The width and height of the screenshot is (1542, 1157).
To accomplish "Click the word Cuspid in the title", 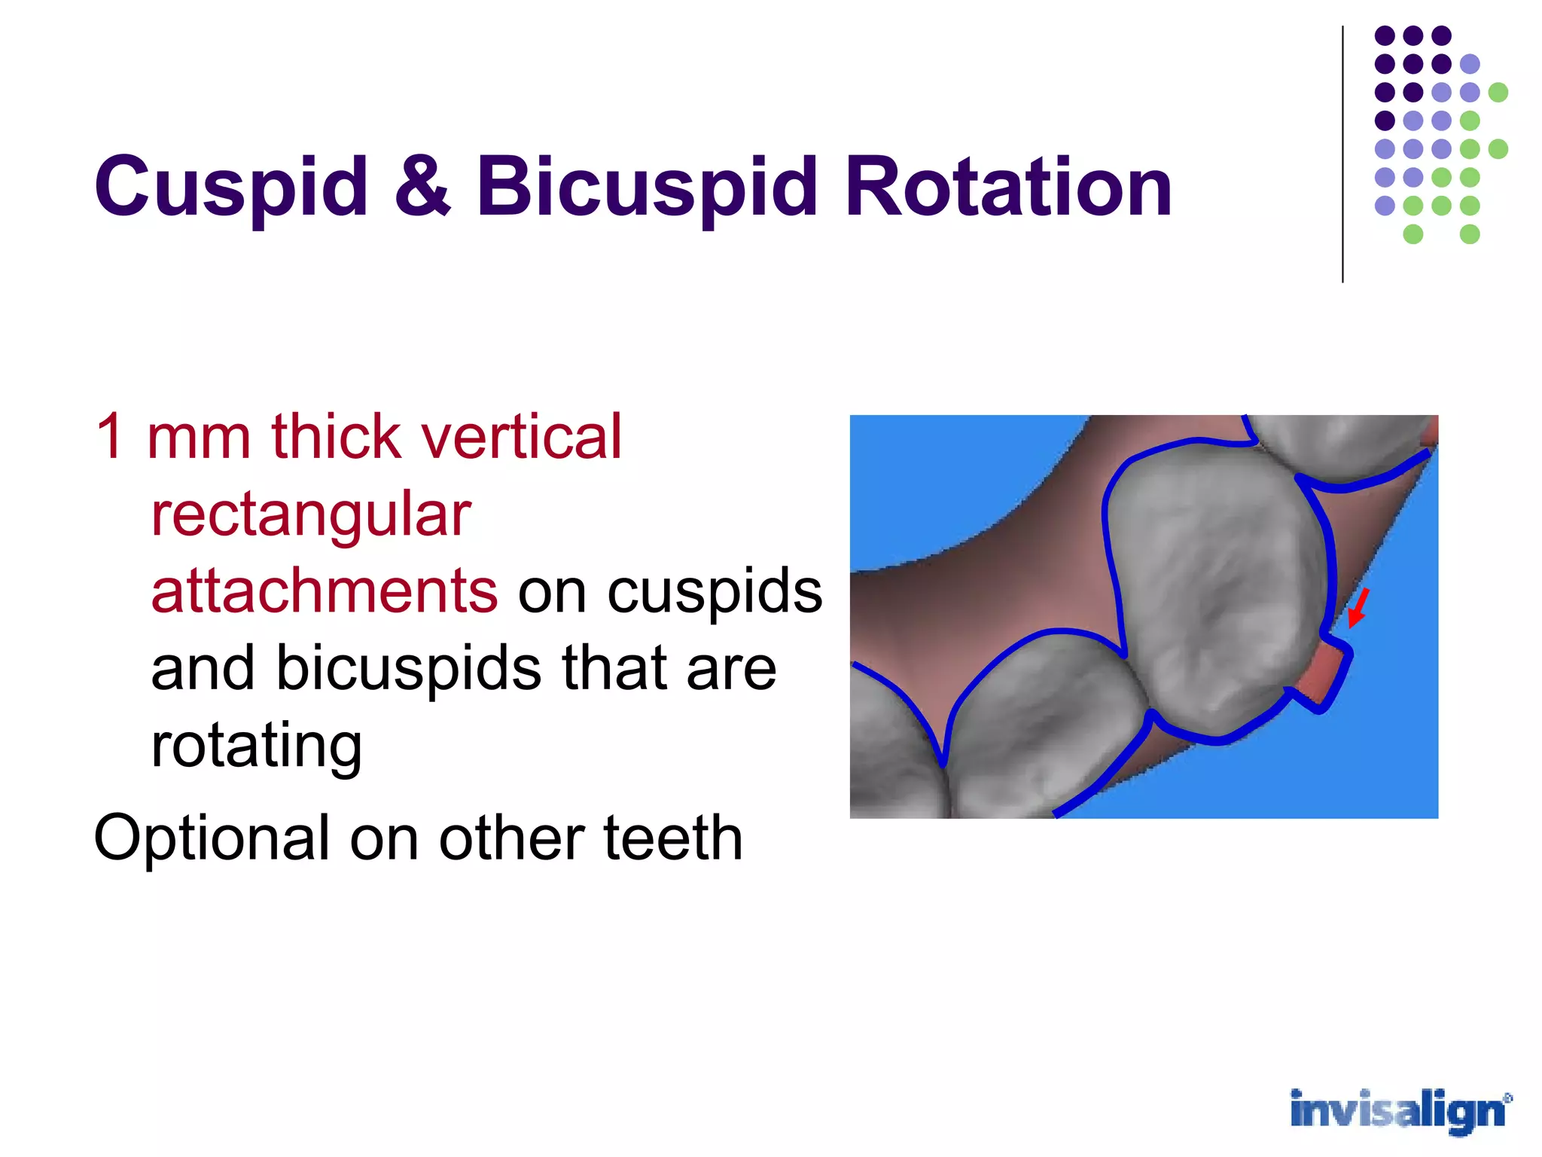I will click(x=230, y=187).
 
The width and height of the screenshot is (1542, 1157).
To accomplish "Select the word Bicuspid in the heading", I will click(x=646, y=187).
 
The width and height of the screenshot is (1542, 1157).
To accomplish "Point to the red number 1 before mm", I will click(x=110, y=436).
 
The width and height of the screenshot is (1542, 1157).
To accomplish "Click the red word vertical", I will click(x=521, y=436).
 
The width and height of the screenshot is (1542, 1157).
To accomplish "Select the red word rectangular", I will click(x=310, y=515).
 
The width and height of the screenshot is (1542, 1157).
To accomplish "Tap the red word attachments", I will click(x=324, y=591).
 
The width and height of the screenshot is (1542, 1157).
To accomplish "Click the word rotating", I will click(x=256, y=746).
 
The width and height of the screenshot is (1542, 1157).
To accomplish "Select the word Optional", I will click(x=212, y=838).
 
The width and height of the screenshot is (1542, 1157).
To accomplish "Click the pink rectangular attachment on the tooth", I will click(x=1323, y=674).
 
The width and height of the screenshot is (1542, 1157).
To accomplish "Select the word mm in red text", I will click(x=199, y=438).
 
